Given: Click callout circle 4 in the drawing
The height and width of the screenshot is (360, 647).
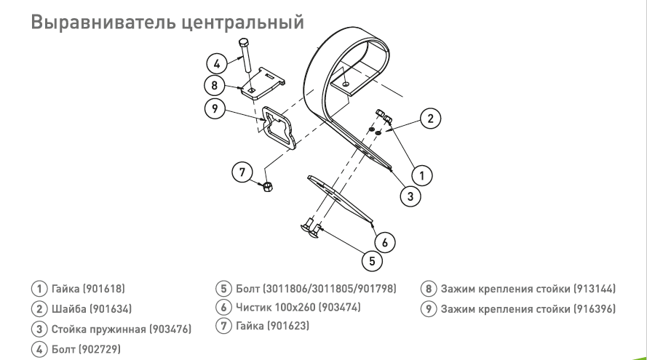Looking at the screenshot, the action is pos(217,64).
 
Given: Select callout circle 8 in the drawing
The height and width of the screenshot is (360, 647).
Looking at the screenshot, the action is pos(215,85).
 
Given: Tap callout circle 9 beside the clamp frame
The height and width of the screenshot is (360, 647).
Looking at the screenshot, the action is pos(215,108).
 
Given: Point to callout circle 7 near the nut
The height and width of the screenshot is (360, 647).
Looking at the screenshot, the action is pos(242,172).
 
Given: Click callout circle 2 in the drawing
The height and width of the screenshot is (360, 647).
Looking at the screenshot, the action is pos(430,119).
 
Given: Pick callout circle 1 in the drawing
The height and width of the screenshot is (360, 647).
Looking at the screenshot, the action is pos(421,175).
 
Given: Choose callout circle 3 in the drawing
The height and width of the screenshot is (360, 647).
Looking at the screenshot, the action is pos(410,196).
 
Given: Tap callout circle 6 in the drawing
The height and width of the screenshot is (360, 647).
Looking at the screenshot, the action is pos(384,242).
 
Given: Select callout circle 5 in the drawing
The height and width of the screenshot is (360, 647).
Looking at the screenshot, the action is pos(372,260).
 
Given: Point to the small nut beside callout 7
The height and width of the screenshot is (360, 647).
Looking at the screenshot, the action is pos(267,187).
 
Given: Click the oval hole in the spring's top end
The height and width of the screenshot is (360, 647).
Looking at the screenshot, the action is pos(346,84).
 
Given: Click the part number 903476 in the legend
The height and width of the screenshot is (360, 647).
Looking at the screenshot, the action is pos(170,329).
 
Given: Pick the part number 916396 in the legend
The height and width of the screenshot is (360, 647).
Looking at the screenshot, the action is pos(595,309).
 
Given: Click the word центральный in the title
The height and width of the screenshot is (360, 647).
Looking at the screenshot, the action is pos(242,23).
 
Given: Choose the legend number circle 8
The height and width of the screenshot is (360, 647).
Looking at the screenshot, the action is pos(429,289).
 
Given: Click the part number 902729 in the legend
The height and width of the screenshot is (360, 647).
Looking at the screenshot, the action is pos(100,349).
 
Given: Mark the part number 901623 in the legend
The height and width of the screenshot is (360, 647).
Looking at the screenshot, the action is pos(288,326).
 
